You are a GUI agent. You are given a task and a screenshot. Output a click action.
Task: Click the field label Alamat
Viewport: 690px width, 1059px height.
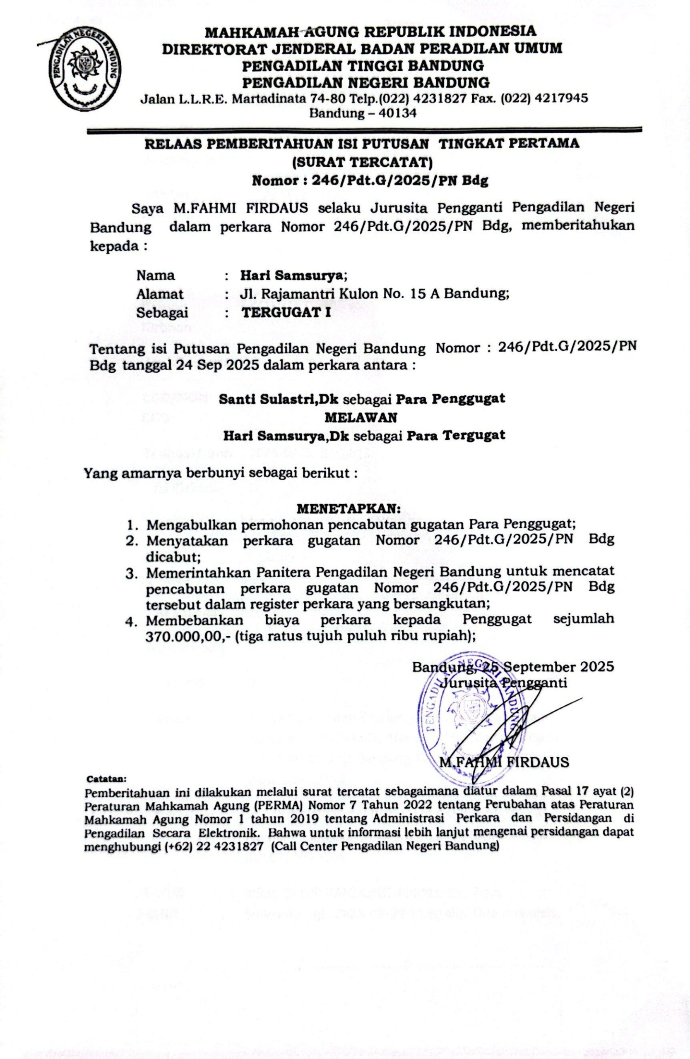pos(160,294)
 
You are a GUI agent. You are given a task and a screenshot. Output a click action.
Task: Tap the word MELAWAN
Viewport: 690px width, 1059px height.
pos(361,417)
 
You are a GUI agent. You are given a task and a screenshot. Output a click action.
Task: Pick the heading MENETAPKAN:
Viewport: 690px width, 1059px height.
pos(349,508)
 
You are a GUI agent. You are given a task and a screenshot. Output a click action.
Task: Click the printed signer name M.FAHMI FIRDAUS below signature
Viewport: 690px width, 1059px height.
pos(503,762)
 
